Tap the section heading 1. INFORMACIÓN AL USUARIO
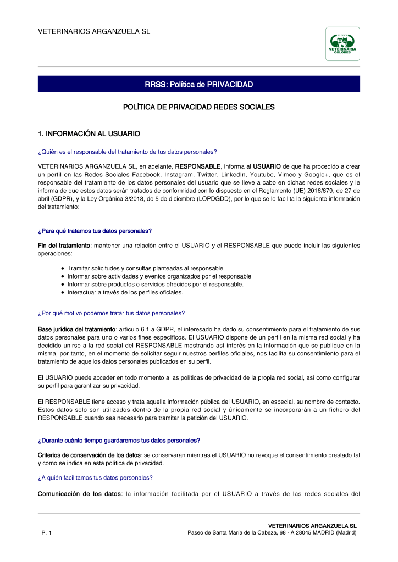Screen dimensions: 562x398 tap(89, 133)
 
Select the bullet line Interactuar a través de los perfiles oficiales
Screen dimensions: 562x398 tap(125, 293)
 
